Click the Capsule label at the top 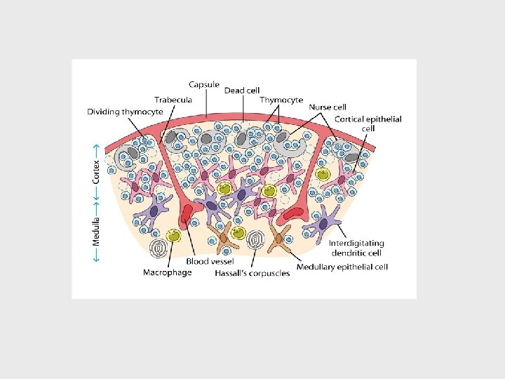tap(204, 84)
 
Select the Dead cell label tap(242, 91)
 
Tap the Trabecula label tap(173, 100)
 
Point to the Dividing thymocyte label tap(125, 111)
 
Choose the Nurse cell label tap(328, 107)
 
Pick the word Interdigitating tap(356, 244)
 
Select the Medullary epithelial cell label tap(342, 267)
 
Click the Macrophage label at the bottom tap(167, 272)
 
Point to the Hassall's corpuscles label tap(252, 273)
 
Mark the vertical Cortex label tap(97, 170)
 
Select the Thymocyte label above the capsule tap(281, 100)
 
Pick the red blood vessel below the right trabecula tap(294, 211)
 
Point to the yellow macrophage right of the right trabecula tap(323, 175)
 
